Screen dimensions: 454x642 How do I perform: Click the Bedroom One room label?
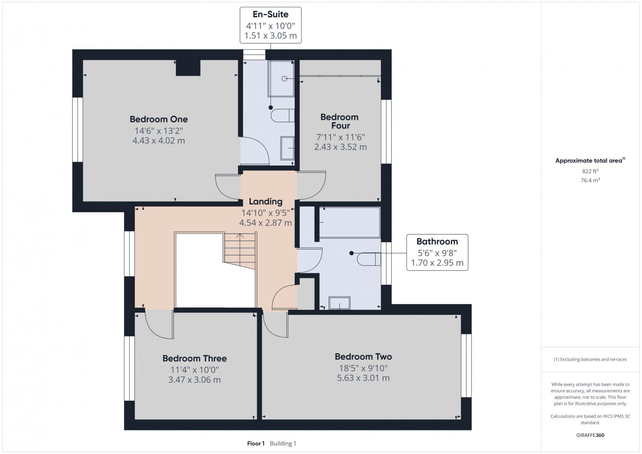tap(158, 119)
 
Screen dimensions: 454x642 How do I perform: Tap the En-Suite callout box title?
tap(270, 14)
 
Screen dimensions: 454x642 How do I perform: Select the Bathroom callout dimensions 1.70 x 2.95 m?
tap(437, 263)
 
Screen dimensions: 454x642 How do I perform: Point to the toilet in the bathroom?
tap(368, 259)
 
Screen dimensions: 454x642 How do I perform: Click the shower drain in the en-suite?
tap(284, 79)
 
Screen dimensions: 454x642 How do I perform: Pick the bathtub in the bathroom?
tap(349, 222)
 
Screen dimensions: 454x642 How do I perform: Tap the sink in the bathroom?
tap(339, 303)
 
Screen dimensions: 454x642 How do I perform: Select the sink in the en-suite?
tap(288, 148)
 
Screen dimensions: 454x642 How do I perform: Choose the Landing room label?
tap(266, 201)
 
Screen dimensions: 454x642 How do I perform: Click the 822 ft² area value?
tap(590, 171)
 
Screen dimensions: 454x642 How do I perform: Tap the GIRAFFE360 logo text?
tap(590, 435)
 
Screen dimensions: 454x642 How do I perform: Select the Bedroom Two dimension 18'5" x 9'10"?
tap(363, 368)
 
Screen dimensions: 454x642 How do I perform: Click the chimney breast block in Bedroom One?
tap(188, 68)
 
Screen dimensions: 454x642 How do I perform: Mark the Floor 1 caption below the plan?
tap(256, 443)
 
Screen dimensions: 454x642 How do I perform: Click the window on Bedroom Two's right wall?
tap(466, 365)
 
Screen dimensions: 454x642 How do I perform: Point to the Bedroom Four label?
tap(339, 121)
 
